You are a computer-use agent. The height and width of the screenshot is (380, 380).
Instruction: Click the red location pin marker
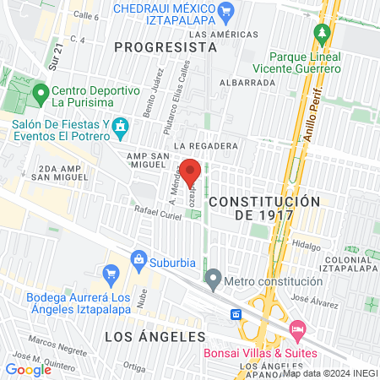(x=190, y=172)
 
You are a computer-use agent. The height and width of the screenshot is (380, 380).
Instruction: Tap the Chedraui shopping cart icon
(x=225, y=12)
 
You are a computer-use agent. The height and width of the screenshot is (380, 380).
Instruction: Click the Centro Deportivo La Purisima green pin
(x=40, y=91)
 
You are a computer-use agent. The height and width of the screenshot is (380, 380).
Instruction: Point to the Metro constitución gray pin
(x=213, y=278)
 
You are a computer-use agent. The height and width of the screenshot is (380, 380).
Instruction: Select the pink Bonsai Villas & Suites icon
(x=296, y=328)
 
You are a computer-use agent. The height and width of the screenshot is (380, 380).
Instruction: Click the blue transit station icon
(x=237, y=314)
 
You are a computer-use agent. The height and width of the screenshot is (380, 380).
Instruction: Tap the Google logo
(x=28, y=369)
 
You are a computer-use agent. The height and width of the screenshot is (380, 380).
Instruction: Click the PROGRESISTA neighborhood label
(x=166, y=47)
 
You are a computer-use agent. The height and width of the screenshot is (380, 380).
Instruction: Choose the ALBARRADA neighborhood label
(x=247, y=83)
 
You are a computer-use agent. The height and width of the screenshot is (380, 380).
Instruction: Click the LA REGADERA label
(x=206, y=146)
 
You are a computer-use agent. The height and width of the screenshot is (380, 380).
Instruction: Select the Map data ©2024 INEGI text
(x=328, y=372)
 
